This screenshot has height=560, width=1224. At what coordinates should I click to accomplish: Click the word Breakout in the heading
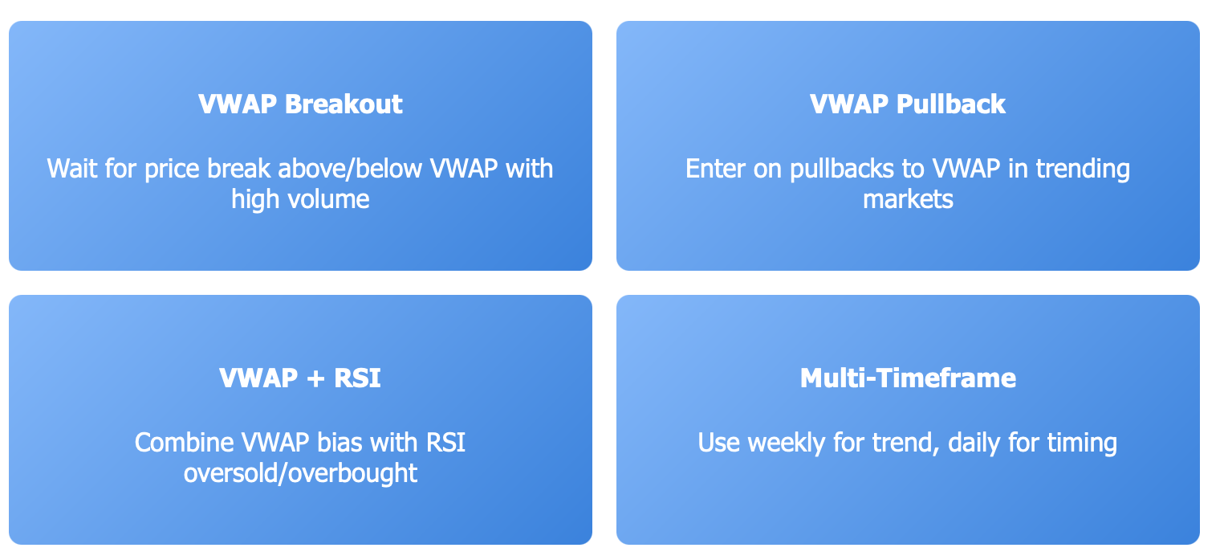344,104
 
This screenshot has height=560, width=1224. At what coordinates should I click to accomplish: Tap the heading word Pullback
951,104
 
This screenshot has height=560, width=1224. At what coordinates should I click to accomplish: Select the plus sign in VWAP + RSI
316,378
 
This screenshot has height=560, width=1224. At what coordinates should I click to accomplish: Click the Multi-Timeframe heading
908,378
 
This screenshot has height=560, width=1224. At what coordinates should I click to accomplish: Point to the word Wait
72,169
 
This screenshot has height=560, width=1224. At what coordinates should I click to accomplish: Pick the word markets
908,199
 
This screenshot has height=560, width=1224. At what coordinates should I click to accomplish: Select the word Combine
184,443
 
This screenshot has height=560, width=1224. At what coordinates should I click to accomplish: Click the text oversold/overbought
300,473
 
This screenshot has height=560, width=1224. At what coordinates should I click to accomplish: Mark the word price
172,170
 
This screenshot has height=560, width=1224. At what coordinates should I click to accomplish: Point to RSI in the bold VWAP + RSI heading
357,378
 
